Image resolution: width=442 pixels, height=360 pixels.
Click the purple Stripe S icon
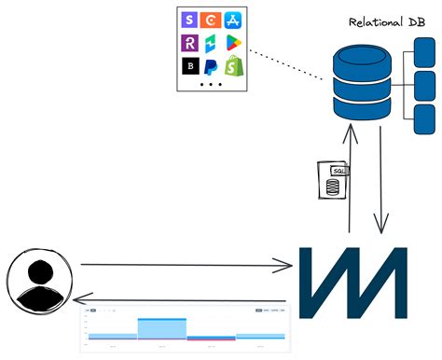(190, 20)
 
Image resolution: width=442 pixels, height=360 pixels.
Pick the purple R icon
(190, 43)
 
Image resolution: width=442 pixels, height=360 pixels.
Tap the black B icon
(190, 66)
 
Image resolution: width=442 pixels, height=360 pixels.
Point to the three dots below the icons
(211, 84)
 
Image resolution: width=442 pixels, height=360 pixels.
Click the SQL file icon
(330, 179)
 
